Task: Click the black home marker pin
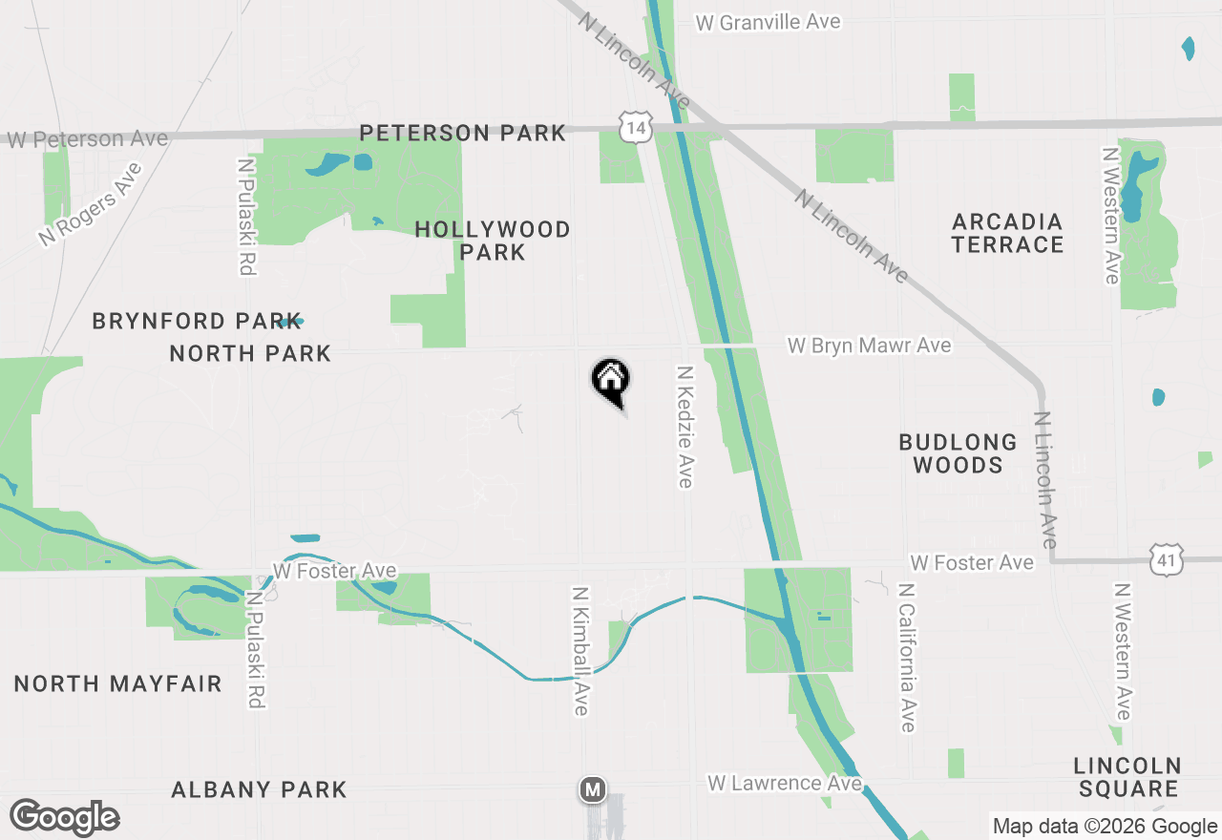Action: (x=611, y=381)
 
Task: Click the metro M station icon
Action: (x=593, y=789)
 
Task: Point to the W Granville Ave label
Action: (x=768, y=22)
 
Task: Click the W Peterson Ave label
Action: (x=88, y=139)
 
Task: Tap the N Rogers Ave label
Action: (x=91, y=204)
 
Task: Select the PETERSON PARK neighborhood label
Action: (x=463, y=133)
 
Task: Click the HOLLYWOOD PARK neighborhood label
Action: (x=493, y=241)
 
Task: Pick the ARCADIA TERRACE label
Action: (x=1007, y=233)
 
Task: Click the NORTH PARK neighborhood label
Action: (x=250, y=353)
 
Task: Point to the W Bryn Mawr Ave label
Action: (x=869, y=345)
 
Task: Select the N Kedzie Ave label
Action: (x=684, y=427)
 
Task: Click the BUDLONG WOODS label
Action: (x=958, y=453)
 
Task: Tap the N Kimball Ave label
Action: (x=580, y=650)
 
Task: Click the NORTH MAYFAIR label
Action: (x=117, y=683)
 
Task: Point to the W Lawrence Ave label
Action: (x=785, y=784)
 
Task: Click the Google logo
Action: (x=65, y=818)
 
